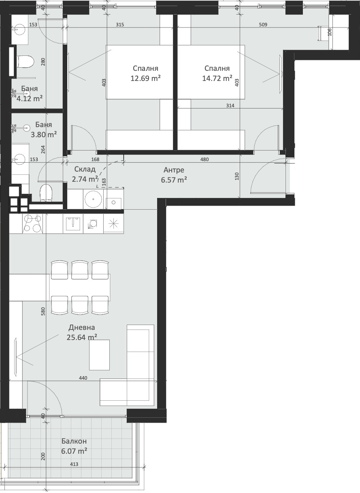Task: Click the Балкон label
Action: (74, 441)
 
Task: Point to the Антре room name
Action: (174, 170)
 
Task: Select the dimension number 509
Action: (263, 25)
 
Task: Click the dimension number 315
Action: (119, 25)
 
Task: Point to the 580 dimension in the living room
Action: (43, 312)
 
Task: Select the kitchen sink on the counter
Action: (73, 223)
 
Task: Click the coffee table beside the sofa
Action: (99, 355)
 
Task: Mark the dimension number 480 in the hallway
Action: (204, 159)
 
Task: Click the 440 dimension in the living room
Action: (83, 378)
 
